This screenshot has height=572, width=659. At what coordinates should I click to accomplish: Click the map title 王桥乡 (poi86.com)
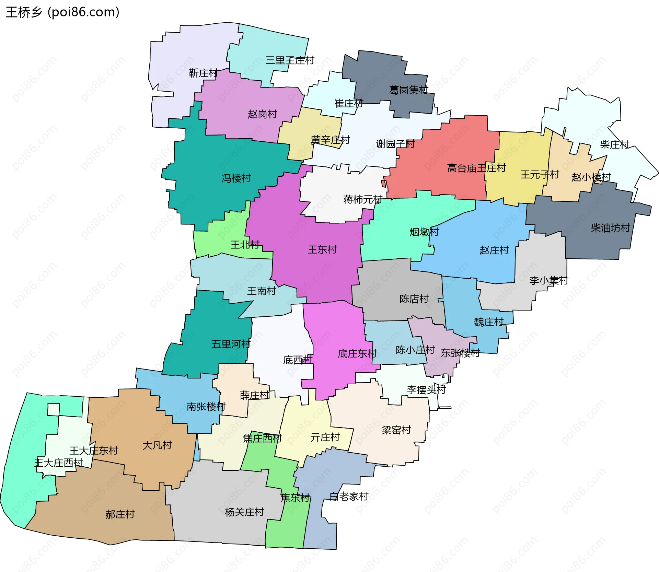(x=62, y=12)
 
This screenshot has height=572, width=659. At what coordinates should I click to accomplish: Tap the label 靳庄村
(x=203, y=73)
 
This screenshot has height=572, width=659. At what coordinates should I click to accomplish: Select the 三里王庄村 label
(x=290, y=61)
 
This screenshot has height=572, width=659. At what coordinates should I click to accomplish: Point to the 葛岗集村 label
(x=408, y=90)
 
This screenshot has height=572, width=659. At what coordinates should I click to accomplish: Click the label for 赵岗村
(x=262, y=114)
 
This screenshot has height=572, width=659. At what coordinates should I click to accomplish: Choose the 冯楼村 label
(x=236, y=178)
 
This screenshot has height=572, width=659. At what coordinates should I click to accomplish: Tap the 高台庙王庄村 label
(x=476, y=168)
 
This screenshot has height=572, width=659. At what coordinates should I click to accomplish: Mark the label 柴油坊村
(x=610, y=228)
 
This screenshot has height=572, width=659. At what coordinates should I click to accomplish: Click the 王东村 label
(x=322, y=250)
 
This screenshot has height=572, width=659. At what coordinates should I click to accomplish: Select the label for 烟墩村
(x=424, y=232)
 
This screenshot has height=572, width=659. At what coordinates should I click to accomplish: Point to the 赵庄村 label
(x=494, y=250)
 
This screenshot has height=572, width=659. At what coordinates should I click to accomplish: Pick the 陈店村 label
(x=414, y=299)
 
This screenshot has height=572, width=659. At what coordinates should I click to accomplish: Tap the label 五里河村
(x=231, y=344)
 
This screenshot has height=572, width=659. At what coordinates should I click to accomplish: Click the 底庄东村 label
(x=357, y=354)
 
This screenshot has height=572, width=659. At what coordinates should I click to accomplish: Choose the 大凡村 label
(x=157, y=445)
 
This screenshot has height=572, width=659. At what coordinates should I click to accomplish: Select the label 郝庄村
(x=120, y=514)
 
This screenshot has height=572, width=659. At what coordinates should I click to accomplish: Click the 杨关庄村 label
(x=244, y=512)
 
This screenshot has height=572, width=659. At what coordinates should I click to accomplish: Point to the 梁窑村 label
(x=396, y=430)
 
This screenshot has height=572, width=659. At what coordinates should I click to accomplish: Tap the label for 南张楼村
(x=206, y=407)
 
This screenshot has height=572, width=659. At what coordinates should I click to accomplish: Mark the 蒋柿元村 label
(x=363, y=199)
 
